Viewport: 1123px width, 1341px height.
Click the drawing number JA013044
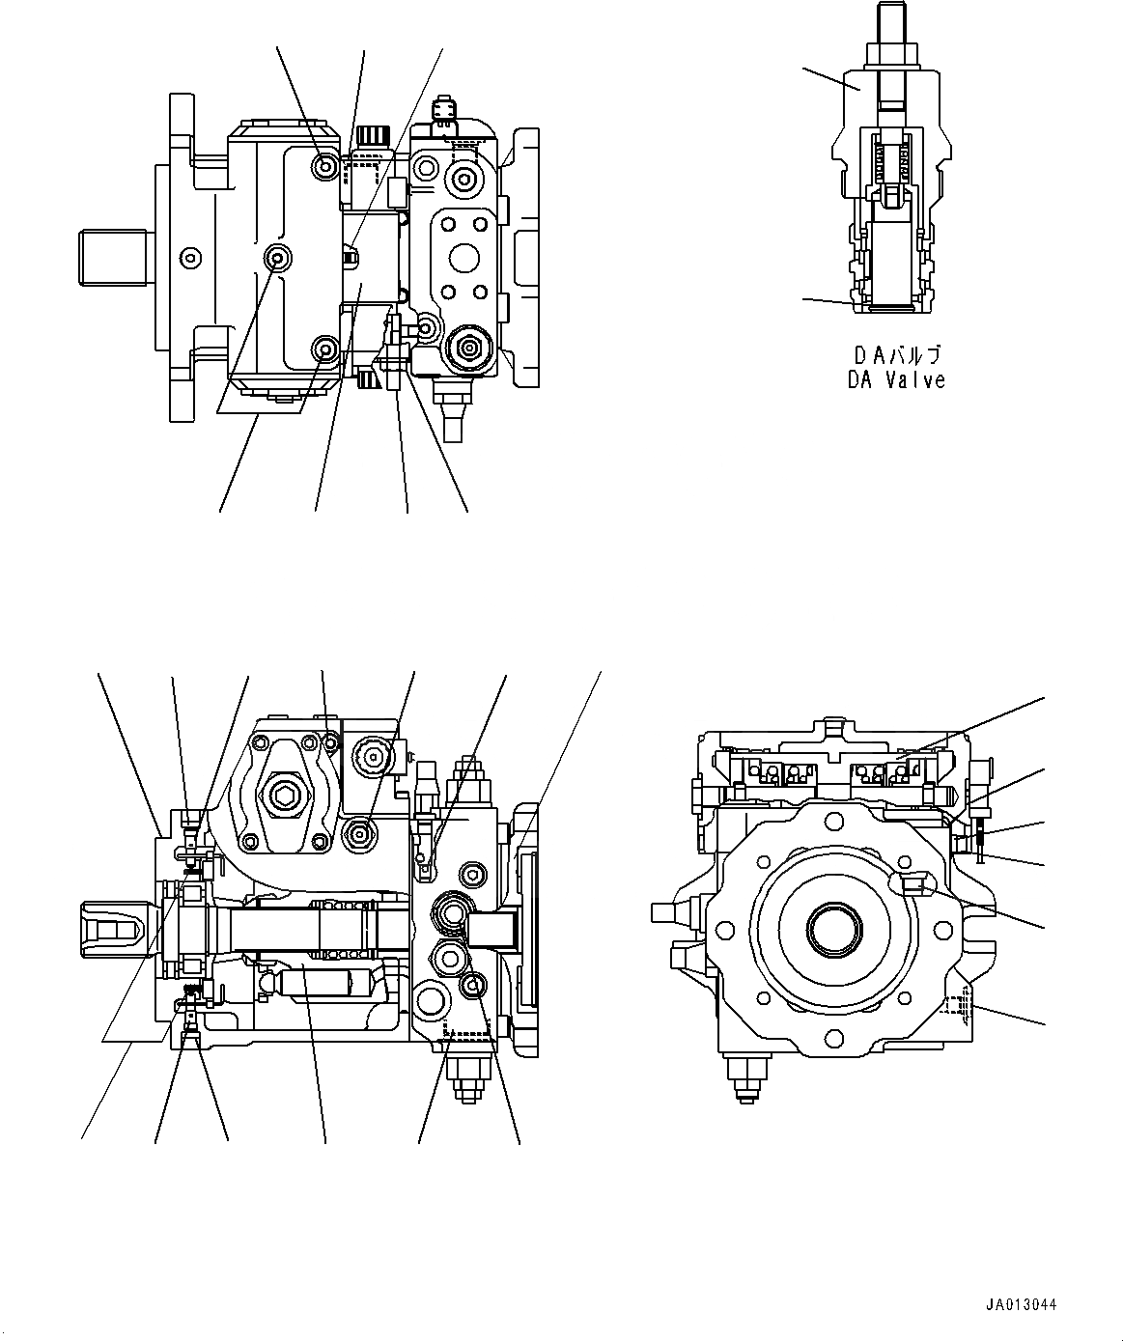1021,1304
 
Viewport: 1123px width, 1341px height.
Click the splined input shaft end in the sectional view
114,930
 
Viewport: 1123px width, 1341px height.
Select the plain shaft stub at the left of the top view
111,257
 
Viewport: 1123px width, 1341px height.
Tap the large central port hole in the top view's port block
464,258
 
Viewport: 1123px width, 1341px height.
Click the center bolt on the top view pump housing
280,258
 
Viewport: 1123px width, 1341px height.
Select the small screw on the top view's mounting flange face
191,257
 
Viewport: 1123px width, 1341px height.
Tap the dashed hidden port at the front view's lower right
956,1006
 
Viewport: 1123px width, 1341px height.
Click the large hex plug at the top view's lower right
470,347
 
